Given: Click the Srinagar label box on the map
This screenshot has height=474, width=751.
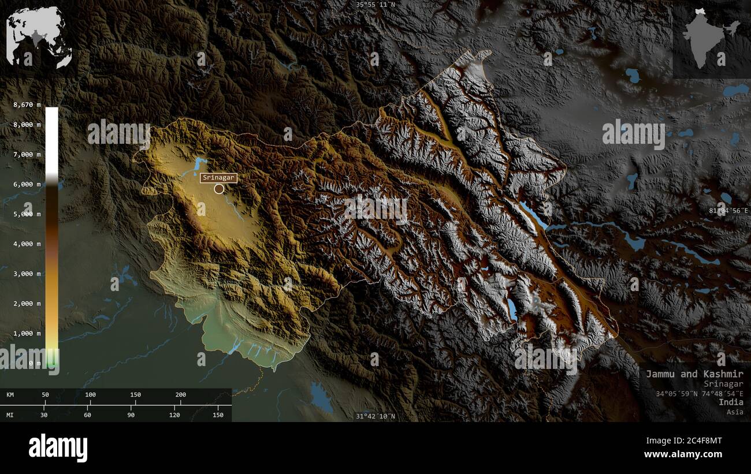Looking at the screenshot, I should pos(218,178).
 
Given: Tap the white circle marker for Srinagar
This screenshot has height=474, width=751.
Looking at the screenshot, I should pos(219,189).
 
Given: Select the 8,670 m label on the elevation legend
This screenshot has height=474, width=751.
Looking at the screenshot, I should pos(28,104).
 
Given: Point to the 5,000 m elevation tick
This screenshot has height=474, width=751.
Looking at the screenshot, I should pos(27,214).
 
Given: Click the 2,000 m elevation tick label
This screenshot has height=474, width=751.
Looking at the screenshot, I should pos(27,304).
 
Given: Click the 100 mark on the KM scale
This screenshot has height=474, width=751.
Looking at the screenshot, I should pos(90,395).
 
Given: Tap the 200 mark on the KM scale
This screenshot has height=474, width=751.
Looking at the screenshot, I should pos(180,395).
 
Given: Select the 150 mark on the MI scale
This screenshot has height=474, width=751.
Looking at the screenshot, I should pos(217,415).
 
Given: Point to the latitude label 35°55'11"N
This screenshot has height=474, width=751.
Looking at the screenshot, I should pos(375,5).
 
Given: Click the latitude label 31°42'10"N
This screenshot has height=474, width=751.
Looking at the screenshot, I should pos(375,416).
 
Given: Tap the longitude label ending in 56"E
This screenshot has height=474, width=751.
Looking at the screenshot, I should pos(728,211).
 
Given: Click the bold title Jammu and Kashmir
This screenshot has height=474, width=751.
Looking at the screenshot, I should pos(694,374).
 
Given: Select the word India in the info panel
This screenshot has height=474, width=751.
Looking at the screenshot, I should pos(731,402).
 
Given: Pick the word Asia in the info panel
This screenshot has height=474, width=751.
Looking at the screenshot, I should pos(735,412).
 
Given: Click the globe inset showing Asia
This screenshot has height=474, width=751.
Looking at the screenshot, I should pos(39,37).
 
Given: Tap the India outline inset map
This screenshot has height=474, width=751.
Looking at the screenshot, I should pos(710,38).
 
